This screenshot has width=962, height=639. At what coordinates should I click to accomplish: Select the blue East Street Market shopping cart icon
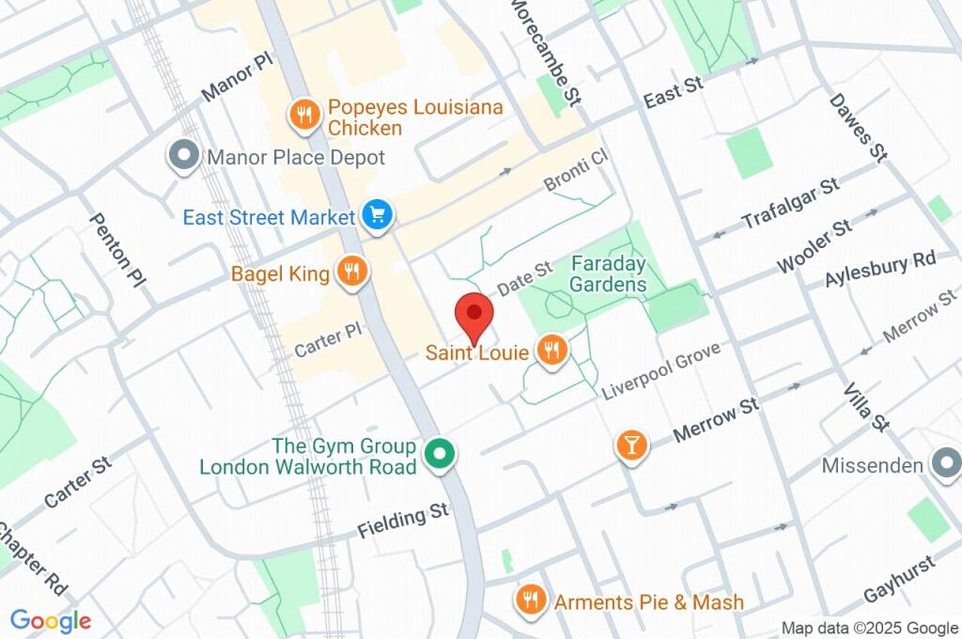pos(378,216)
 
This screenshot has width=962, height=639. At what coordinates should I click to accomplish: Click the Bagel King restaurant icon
pos(353,273)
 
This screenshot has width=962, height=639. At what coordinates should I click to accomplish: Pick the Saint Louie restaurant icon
pos(551,351)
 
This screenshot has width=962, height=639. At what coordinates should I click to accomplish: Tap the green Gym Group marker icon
pos(438,456)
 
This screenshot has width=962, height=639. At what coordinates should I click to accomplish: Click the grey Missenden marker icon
pos(943,463)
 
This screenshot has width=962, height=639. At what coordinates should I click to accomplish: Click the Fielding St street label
pos(403,523)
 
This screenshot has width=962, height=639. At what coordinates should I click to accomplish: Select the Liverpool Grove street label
pos(660,372)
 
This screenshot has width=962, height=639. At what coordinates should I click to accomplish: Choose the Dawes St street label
pos(857,128)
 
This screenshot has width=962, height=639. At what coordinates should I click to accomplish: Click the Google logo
pos(50,620)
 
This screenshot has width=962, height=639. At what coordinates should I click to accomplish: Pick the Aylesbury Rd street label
pos(880,270)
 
